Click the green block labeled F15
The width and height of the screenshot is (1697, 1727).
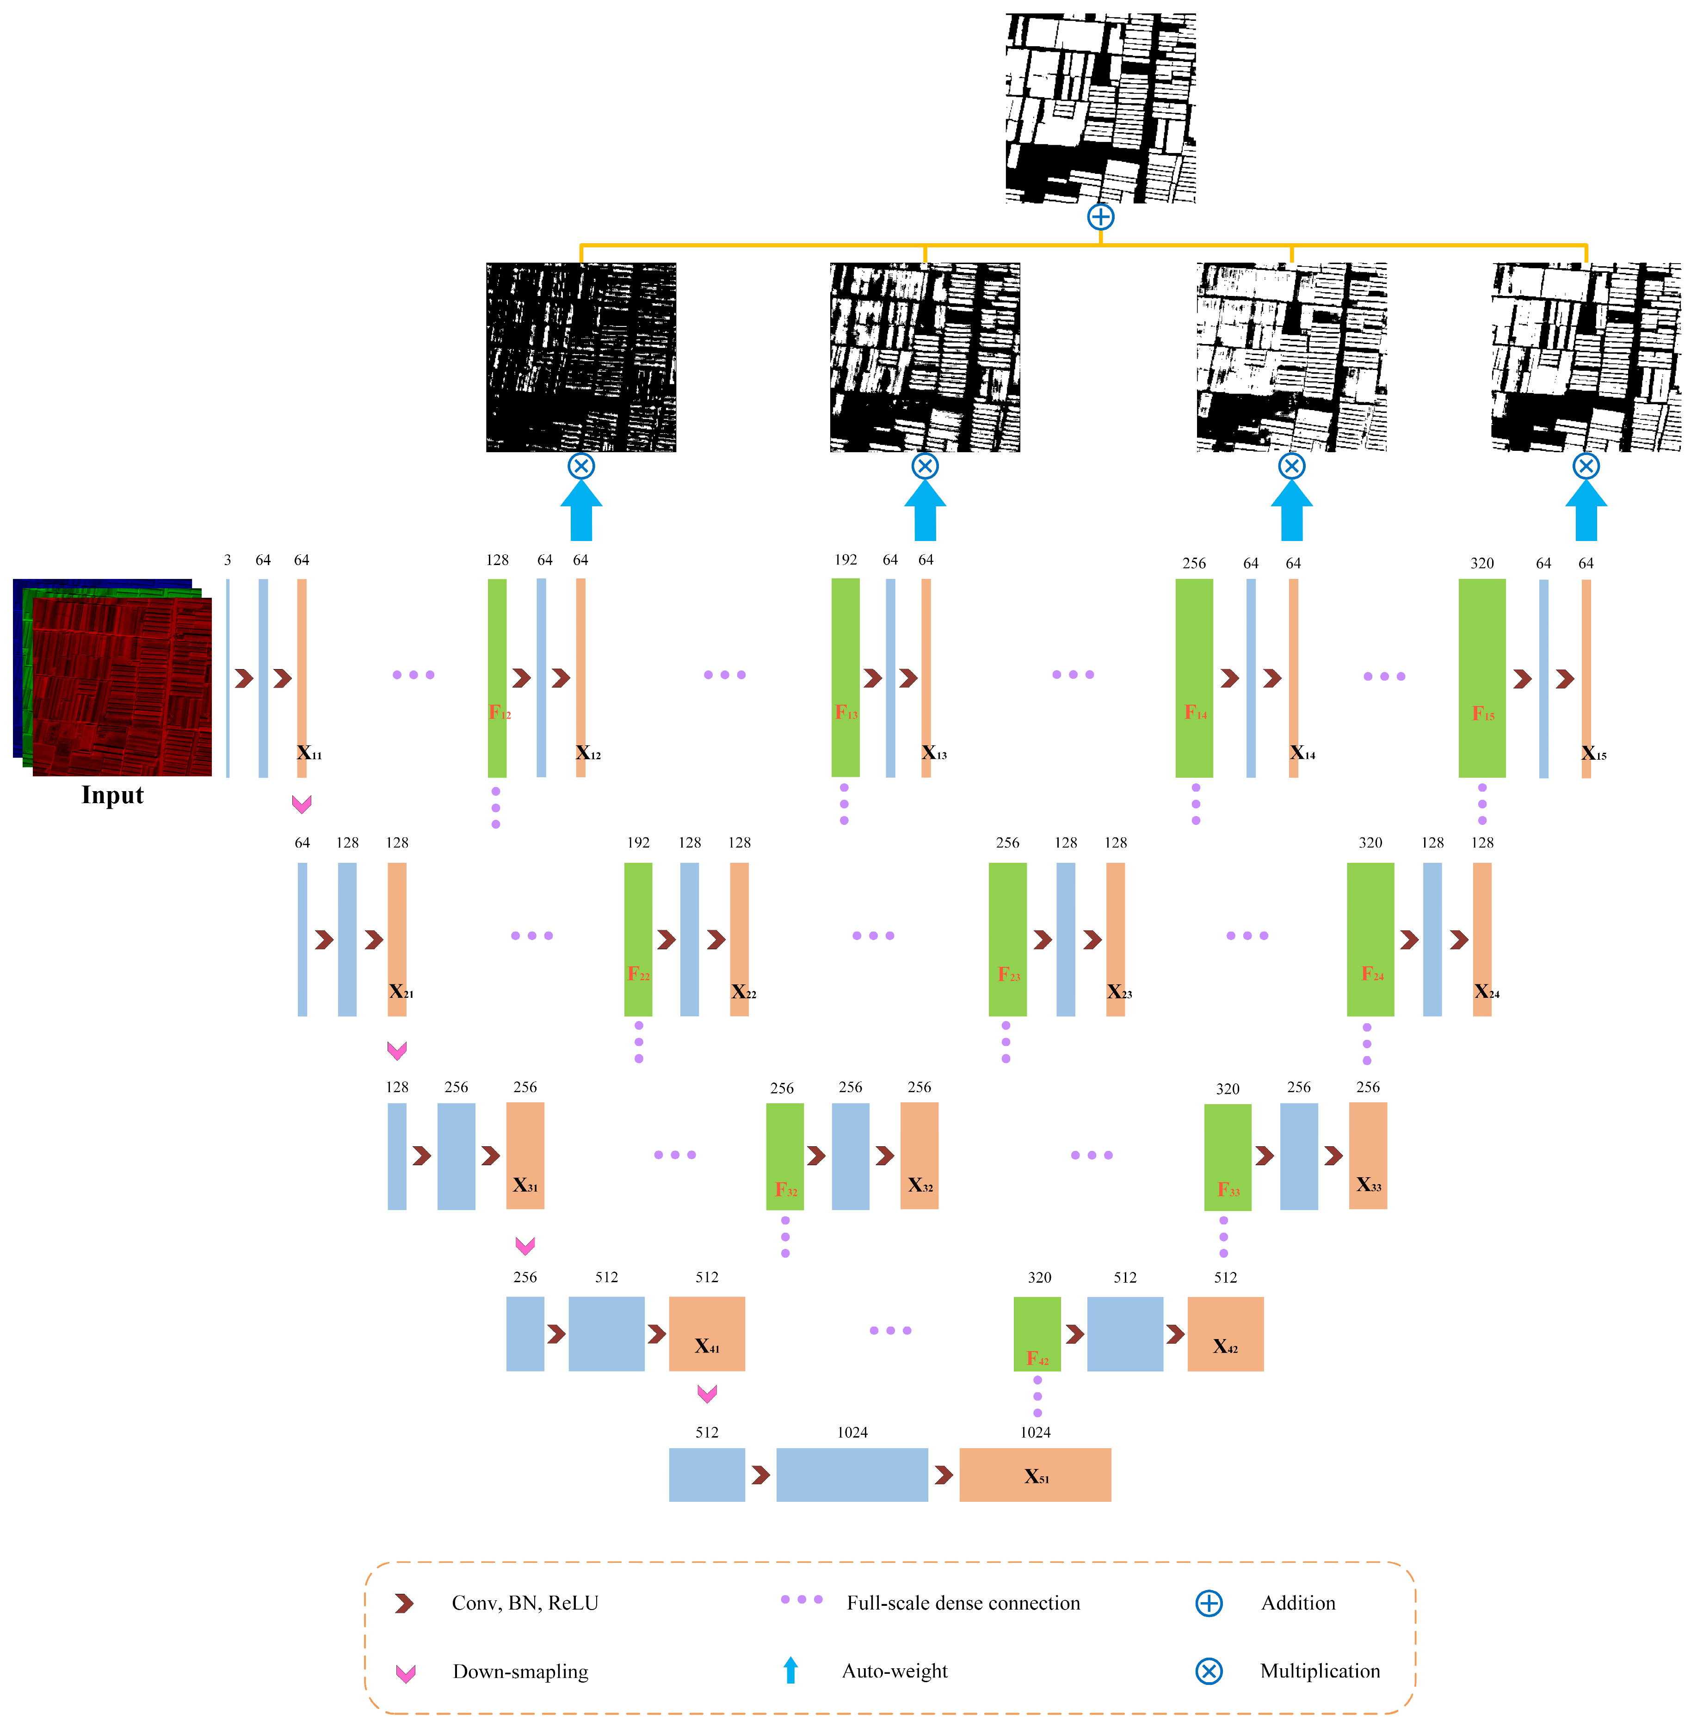(1481, 677)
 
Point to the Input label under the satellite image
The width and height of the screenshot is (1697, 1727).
(112, 795)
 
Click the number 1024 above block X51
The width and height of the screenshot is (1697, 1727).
(1035, 1432)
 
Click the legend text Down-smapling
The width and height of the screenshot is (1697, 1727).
(520, 1671)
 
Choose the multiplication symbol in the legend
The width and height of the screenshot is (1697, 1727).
(1208, 1671)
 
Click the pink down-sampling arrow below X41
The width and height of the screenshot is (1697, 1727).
(707, 1393)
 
